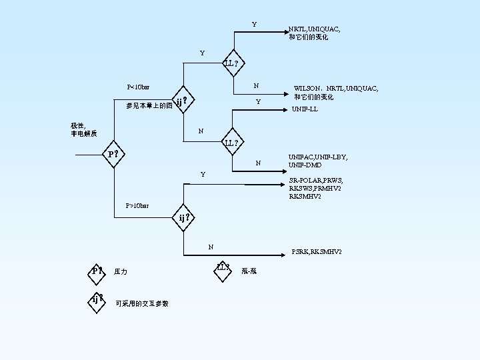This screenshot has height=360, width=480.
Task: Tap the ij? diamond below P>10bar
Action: (186, 217)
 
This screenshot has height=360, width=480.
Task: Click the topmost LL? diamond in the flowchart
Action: (233, 64)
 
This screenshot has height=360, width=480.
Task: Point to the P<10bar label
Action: (138, 87)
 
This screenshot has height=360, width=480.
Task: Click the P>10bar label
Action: (137, 205)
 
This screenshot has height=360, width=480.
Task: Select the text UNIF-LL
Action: (304, 109)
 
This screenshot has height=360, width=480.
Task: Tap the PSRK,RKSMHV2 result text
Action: (317, 252)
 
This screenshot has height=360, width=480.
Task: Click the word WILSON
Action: (307, 89)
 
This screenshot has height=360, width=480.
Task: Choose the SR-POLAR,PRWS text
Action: (315, 181)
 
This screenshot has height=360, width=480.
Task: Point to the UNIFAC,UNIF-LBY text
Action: (317, 157)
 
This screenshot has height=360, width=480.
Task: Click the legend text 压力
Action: (121, 272)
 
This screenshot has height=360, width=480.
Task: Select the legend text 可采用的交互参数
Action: (141, 303)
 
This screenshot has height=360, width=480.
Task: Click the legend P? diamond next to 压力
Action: (98, 271)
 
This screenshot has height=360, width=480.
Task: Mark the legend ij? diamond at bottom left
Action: (99, 299)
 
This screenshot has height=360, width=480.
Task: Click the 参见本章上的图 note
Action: (149, 105)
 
